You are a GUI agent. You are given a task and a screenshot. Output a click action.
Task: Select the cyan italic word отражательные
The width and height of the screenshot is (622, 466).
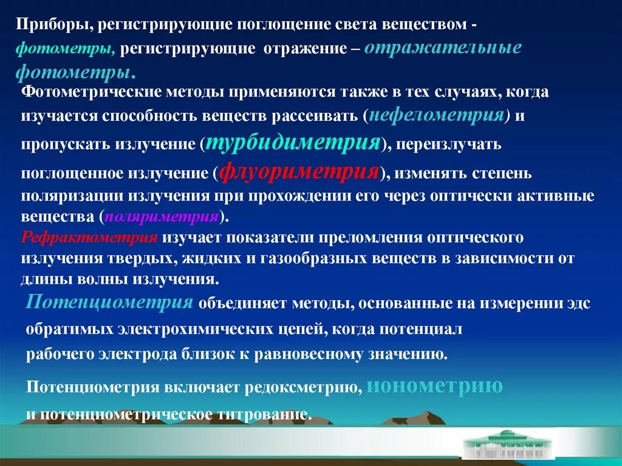pos(443,48)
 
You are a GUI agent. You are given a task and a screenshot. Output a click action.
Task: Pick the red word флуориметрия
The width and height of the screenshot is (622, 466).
pos(299,172)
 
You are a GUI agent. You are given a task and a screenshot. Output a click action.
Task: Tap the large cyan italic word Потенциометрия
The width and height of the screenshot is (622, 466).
pos(110,302)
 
